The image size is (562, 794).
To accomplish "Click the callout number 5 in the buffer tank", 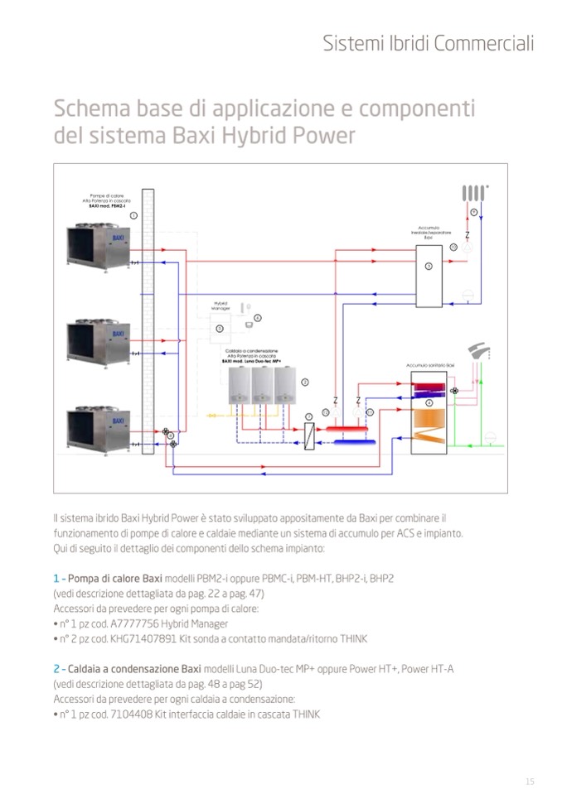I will [428, 267].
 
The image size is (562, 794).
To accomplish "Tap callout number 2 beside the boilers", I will [305, 382].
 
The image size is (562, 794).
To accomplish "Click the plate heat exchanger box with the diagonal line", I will [308, 435].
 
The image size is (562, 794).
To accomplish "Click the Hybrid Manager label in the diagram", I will [220, 305].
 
